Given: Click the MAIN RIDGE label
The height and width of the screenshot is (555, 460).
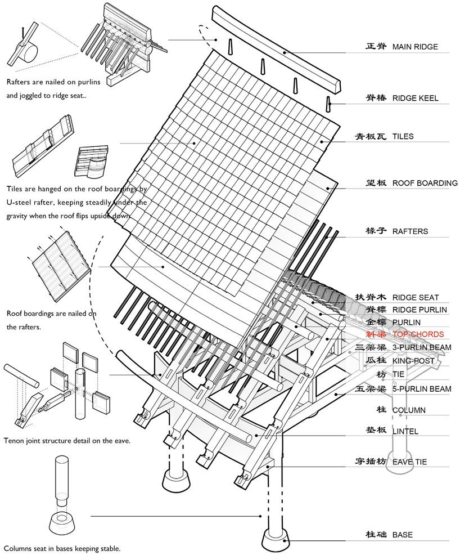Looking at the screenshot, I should point(414,47).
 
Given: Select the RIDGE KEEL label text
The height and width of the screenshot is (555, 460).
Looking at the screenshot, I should point(415,99).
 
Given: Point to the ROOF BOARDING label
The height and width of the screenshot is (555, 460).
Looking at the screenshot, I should point(425,183).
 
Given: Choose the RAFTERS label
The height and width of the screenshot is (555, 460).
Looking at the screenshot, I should point(410,231).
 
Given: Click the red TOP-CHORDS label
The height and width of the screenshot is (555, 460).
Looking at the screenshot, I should point(418,334).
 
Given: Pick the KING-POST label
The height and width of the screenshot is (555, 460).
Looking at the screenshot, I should point(414,360).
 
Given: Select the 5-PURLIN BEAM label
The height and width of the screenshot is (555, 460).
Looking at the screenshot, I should point(422,389).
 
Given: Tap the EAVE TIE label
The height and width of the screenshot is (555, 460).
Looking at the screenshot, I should point(409,462).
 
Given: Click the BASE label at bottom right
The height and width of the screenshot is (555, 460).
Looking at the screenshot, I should point(403,535).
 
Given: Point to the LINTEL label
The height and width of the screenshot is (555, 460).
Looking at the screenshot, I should point(405,431).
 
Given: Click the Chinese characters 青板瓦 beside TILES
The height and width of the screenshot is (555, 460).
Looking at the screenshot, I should point(371,136).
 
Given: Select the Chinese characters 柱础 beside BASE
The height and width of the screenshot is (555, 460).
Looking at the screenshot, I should point(376,535).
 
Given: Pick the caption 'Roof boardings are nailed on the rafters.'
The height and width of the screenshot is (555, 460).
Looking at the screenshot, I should point(51,320).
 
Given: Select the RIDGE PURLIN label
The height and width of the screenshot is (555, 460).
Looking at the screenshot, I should point(420,310).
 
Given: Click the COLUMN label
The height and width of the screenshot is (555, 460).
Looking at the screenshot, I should point(409,410).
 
